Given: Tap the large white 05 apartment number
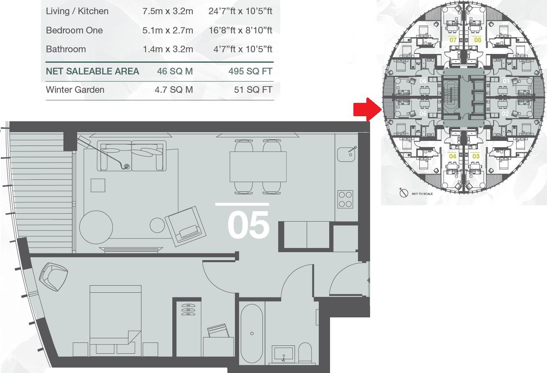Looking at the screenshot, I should pyautogui.click(x=248, y=225).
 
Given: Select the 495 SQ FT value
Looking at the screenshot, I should pyautogui.click(x=250, y=71).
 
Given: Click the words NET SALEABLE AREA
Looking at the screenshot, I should pyautogui.click(x=92, y=71).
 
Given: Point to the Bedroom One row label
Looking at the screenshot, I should pyautogui.click(x=74, y=30).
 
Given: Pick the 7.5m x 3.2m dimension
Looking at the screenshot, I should pyautogui.click(x=168, y=11).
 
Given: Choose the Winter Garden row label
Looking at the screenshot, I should pyautogui.click(x=75, y=89).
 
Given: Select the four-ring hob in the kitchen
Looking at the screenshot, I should pyautogui.click(x=345, y=199).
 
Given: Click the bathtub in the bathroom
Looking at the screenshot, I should pyautogui.click(x=252, y=333).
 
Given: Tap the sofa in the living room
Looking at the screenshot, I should pyautogui.click(x=131, y=156).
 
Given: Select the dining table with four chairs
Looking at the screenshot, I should pyautogui.click(x=258, y=166).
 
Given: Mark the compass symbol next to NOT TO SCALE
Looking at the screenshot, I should pyautogui.click(x=403, y=193).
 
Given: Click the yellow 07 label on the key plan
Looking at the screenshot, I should pyautogui.click(x=453, y=40).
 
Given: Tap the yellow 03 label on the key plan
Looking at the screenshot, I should pyautogui.click(x=476, y=156).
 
